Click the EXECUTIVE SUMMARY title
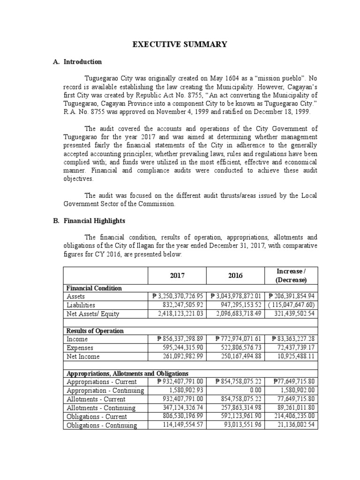pos(180,45)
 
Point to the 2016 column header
pos(236,276)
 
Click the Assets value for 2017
pos(179,296)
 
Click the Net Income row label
pos(83,357)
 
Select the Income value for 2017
pos(179,339)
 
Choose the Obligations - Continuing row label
pos(102,425)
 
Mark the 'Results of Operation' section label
pos(95,331)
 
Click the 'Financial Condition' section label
pos(94,288)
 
